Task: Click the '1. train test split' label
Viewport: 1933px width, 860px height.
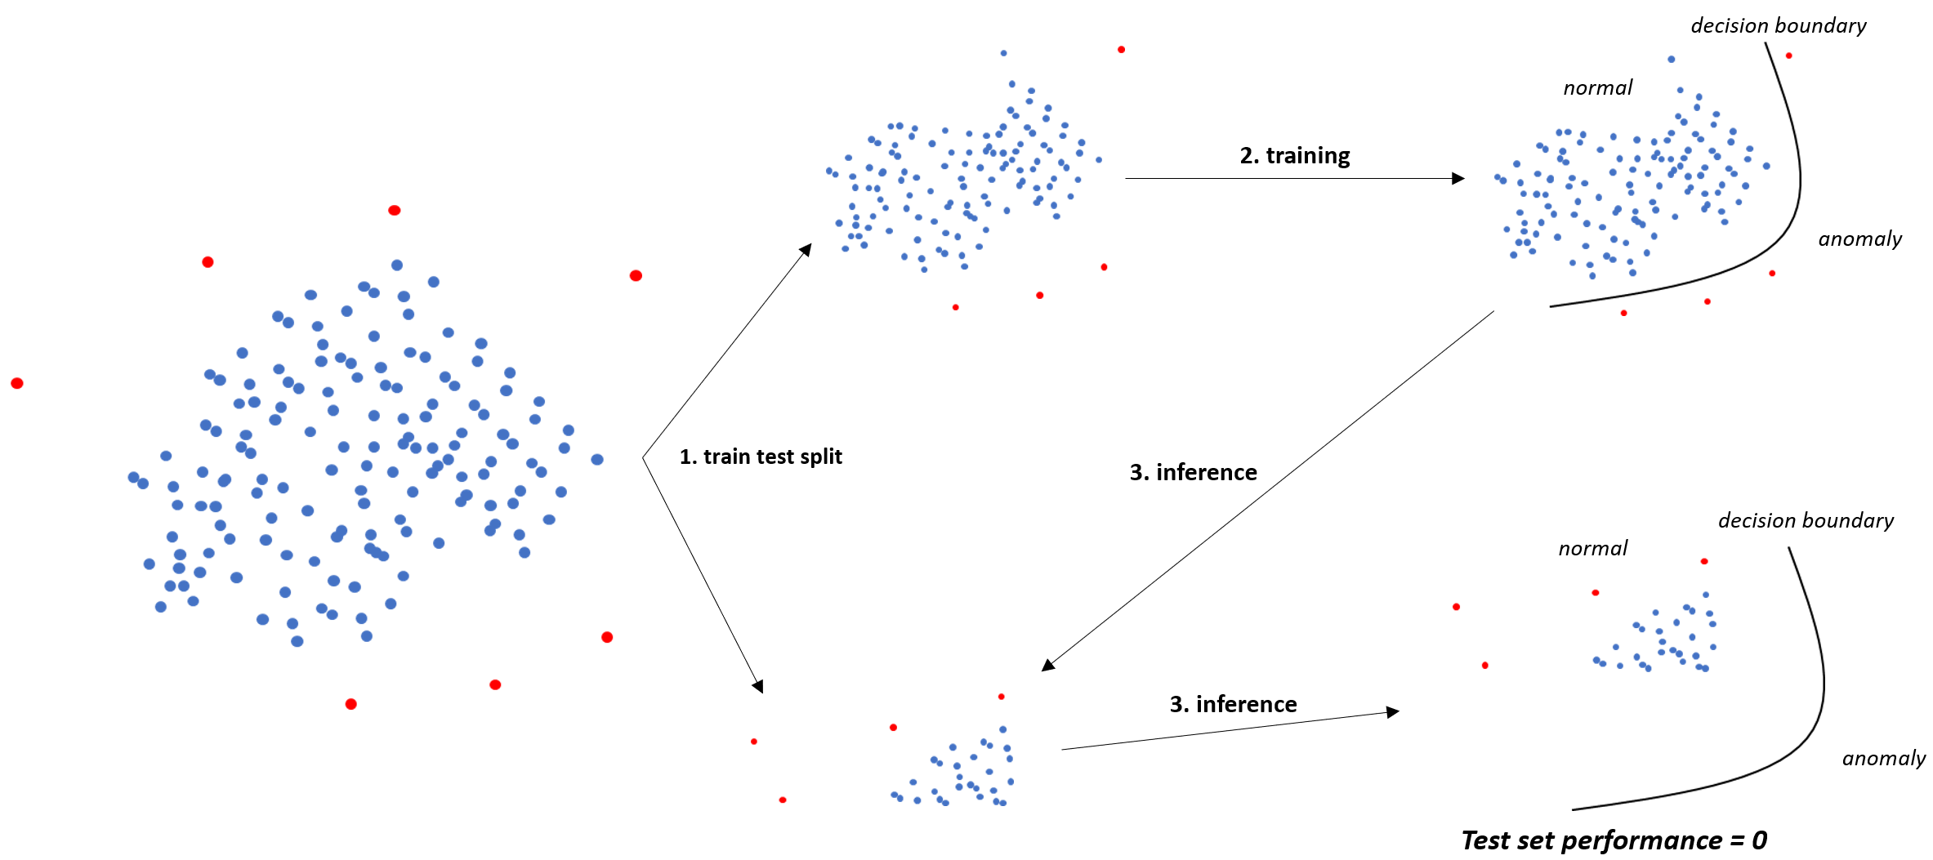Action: tap(760, 457)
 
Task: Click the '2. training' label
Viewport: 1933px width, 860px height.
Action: tap(1294, 155)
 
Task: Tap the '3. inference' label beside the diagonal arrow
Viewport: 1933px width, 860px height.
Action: tap(1193, 472)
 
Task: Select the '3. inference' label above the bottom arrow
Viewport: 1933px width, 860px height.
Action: tap(1233, 704)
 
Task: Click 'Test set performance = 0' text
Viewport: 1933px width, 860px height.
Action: tap(1614, 840)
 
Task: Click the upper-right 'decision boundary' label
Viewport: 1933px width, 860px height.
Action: tap(1778, 26)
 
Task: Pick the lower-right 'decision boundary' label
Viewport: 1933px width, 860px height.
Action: tap(1806, 521)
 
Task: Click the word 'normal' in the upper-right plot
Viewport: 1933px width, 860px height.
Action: tap(1597, 88)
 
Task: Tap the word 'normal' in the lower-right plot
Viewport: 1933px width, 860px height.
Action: tap(1592, 549)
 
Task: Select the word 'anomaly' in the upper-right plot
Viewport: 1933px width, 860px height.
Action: tap(1859, 239)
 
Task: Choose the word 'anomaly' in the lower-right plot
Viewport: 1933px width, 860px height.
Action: tap(1883, 759)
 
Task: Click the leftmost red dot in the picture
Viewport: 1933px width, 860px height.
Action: tap(17, 383)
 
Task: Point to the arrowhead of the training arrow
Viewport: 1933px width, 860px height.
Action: tap(1458, 178)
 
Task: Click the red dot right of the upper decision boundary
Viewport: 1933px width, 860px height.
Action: tap(1788, 56)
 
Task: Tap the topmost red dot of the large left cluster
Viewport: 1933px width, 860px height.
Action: tap(395, 210)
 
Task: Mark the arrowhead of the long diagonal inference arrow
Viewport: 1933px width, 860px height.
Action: tap(1047, 666)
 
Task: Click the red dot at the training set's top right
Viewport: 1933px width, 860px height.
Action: tap(1121, 50)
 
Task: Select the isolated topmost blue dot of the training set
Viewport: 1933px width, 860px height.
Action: tap(1003, 53)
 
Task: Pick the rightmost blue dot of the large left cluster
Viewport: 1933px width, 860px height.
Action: tap(597, 460)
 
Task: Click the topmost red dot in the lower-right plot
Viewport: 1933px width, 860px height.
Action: tap(1704, 561)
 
